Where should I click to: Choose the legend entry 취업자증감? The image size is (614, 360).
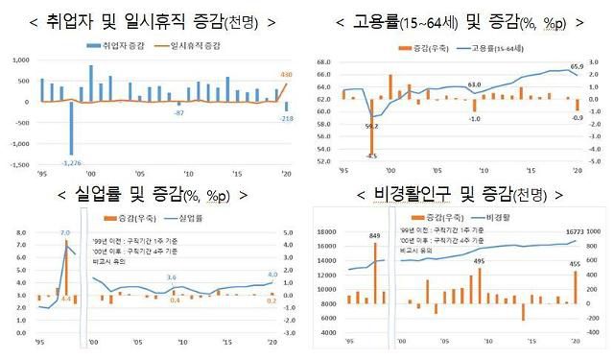117,44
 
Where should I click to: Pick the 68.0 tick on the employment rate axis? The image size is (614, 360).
326,61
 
